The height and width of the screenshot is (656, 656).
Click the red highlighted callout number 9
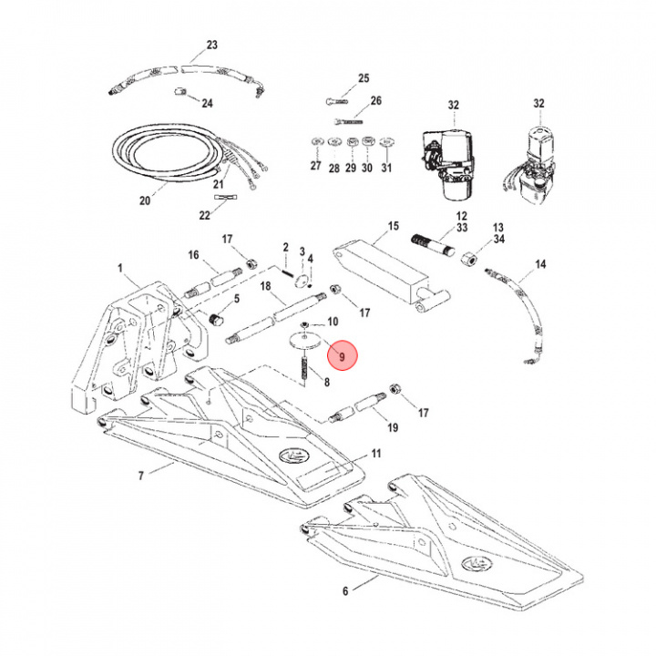343,356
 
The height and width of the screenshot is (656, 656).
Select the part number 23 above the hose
212,45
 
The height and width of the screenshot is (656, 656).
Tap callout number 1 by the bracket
119,268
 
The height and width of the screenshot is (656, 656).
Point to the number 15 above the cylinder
394,225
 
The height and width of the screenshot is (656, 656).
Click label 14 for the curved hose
540,264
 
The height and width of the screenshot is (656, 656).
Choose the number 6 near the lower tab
345,591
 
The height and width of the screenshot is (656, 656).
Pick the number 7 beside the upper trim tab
141,476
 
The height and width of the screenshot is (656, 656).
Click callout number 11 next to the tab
375,453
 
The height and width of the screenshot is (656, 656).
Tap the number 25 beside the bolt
364,78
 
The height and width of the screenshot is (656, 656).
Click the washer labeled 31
386,142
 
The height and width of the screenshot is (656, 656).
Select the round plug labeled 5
219,319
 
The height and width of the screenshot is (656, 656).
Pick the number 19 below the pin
393,427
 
